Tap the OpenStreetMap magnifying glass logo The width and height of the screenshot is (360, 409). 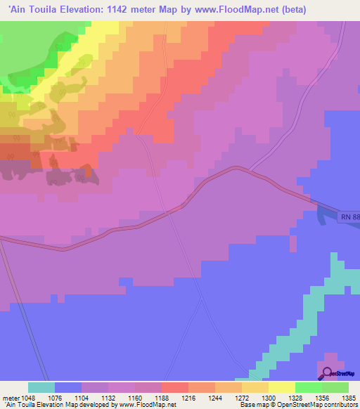pos(327,373)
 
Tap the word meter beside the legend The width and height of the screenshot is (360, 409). pos(12,398)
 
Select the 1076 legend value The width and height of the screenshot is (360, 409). pos(55,398)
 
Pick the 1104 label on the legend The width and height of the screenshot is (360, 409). pos(82,398)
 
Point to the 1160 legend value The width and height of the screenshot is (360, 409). pos(135,398)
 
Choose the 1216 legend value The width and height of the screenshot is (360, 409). pos(188,398)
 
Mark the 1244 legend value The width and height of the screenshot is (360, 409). pos(215,398)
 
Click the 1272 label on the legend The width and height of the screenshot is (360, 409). pos(242,398)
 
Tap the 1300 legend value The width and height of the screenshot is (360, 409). pos(269,398)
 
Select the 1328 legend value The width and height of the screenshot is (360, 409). pos(295,398)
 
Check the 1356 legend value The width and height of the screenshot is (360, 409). pos(321,398)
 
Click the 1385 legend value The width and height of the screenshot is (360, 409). pos(347,398)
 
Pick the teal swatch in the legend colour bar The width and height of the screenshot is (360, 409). pos(41,387)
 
